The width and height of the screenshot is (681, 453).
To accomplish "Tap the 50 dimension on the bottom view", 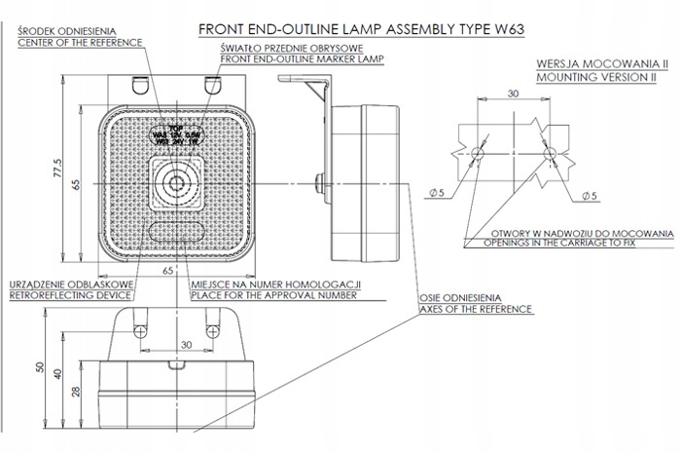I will (x=40, y=366).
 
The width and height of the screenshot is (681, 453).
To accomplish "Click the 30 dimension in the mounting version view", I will (x=512, y=94).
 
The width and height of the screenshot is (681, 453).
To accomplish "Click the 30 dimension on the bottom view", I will (x=186, y=343).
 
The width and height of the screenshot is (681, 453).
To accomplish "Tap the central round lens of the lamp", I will (x=175, y=182).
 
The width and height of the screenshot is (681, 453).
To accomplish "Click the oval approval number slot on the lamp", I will (x=175, y=231).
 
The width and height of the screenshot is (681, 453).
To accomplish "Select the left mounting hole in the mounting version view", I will (x=478, y=155).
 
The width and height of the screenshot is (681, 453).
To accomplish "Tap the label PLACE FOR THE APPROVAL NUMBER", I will (x=276, y=293).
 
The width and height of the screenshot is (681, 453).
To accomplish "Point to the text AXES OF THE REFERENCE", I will (x=477, y=308).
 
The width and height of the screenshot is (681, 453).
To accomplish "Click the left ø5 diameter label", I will (x=437, y=194).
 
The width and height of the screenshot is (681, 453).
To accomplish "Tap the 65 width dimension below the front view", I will (x=167, y=268).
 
